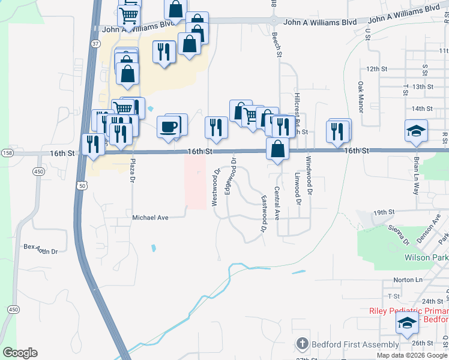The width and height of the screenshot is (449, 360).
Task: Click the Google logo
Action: click(20, 353)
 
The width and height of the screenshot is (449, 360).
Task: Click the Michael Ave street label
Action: click(150, 218)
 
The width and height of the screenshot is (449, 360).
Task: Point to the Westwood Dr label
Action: click(215, 188)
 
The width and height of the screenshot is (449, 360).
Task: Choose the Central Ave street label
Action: click(277, 203)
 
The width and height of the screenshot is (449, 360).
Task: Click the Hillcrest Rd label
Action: click(297, 106)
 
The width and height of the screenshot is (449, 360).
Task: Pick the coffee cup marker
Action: click(169, 126)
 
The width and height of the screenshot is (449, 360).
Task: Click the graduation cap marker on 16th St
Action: click(415, 131)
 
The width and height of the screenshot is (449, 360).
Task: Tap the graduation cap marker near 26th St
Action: click(407, 324)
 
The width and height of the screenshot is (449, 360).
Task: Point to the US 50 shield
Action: click(81, 186)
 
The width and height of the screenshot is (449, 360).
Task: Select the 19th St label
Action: click(382, 212)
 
